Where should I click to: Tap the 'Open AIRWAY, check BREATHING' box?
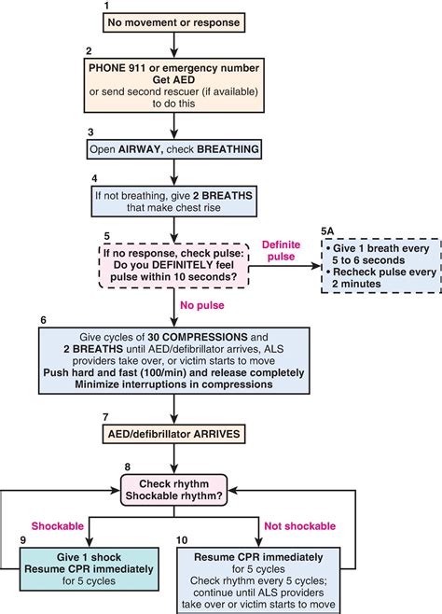click(x=172, y=149)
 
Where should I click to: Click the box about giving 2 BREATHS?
click(x=172, y=200)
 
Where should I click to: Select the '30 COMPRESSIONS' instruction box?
click(x=172, y=358)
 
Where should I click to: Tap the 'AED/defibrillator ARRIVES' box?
click(x=172, y=433)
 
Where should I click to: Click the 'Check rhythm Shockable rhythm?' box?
click(x=172, y=489)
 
